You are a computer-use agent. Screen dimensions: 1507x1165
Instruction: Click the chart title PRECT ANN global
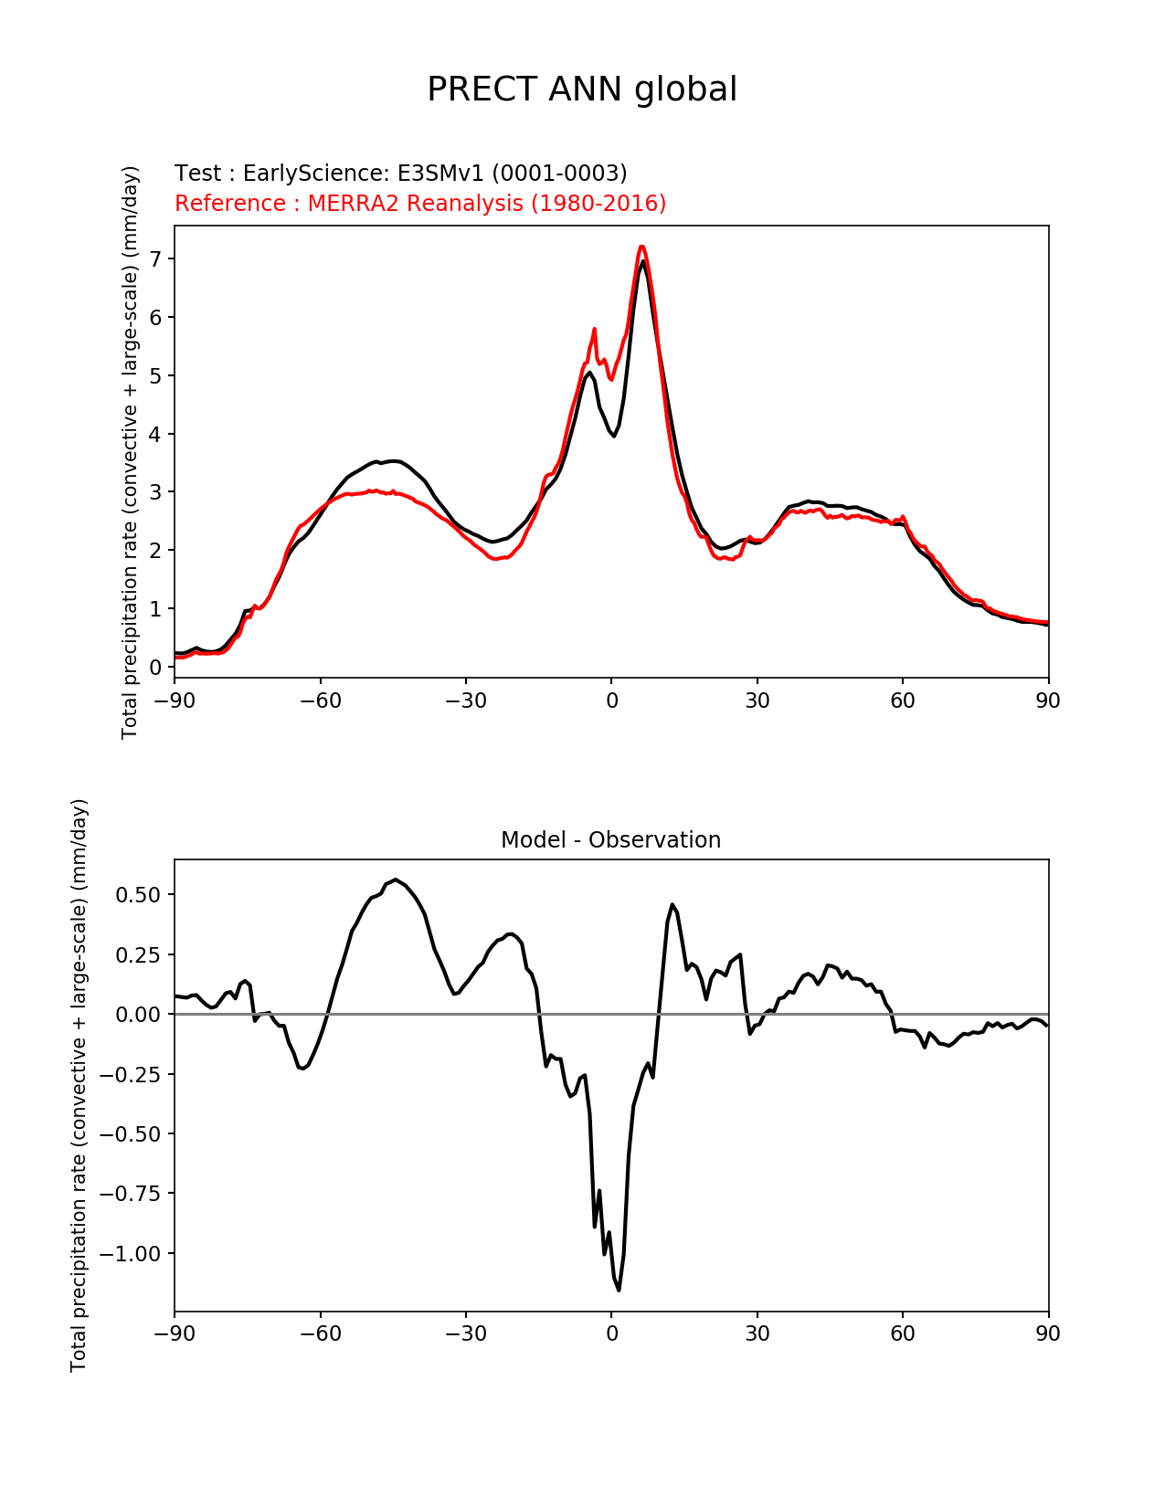(582, 90)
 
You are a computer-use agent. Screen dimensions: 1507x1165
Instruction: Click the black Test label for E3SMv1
(400, 174)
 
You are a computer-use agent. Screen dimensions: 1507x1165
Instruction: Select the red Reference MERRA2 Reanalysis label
(420, 203)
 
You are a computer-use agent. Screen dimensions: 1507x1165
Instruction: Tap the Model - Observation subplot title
(610, 840)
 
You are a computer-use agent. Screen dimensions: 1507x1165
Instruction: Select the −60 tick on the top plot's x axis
(320, 701)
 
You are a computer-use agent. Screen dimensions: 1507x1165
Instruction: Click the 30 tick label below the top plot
(757, 701)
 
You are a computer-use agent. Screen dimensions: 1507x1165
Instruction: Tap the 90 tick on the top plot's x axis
(1048, 701)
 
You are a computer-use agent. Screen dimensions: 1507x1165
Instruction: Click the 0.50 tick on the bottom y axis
(137, 895)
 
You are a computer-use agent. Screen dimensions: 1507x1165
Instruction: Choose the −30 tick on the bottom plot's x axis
(465, 1333)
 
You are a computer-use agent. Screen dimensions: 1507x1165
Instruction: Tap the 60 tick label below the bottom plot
(903, 1333)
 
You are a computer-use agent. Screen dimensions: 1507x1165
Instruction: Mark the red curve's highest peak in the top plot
(641, 247)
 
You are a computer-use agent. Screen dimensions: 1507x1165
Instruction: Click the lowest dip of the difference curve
(619, 1290)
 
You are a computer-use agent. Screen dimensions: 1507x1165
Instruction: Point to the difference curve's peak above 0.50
(396, 880)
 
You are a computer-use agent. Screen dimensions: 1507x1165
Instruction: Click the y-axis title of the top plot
(131, 452)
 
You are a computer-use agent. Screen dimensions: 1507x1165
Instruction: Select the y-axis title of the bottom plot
(79, 1085)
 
